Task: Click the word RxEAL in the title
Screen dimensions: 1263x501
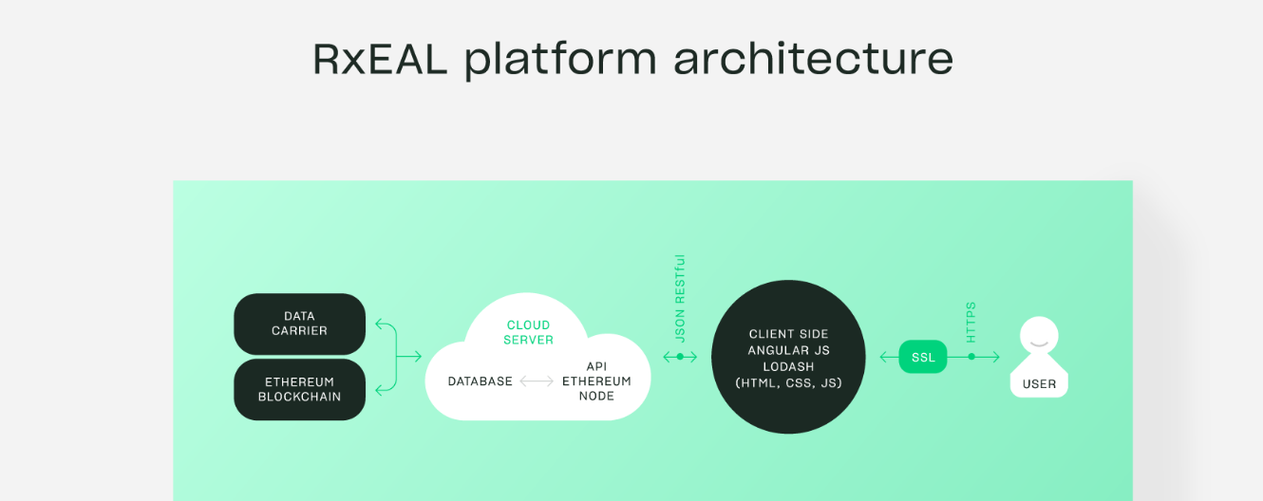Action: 380,59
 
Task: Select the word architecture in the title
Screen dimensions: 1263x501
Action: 813,58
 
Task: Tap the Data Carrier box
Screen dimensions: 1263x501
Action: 299,324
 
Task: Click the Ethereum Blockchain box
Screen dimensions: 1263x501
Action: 299,389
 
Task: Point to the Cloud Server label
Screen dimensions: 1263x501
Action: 528,332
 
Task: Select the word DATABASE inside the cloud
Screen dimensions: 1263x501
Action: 480,381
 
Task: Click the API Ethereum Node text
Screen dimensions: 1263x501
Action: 596,380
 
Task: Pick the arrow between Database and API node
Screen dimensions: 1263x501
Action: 537,381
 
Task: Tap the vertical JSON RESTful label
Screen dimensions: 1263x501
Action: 680,298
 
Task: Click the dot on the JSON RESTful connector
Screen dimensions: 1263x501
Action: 680,357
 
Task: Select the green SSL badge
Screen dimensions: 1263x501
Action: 923,357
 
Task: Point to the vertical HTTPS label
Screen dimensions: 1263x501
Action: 971,323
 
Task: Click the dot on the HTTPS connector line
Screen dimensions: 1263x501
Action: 971,357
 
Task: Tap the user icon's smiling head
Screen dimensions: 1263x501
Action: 1039,335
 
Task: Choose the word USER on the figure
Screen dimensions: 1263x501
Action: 1039,384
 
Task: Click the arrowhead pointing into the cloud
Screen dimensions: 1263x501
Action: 417,356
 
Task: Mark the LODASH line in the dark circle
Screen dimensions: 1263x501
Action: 788,367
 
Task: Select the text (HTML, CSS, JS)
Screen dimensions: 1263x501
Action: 788,383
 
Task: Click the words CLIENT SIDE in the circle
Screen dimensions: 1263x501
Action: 788,334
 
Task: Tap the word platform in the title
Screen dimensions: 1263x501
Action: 560,60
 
